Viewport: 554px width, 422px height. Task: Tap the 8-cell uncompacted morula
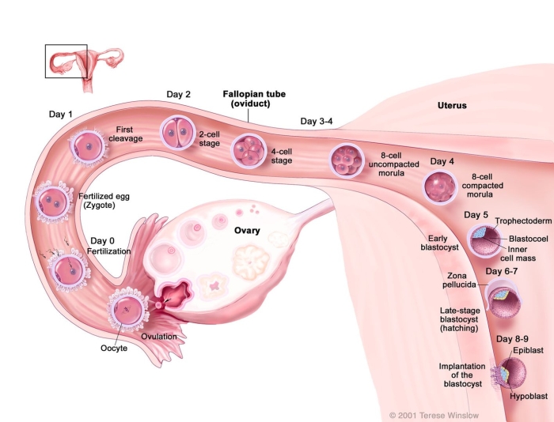click(346, 160)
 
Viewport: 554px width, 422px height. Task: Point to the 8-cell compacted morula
click(439, 187)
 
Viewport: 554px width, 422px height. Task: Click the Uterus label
click(452, 105)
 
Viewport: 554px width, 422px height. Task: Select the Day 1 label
click(59, 115)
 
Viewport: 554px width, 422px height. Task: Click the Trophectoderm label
click(521, 221)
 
